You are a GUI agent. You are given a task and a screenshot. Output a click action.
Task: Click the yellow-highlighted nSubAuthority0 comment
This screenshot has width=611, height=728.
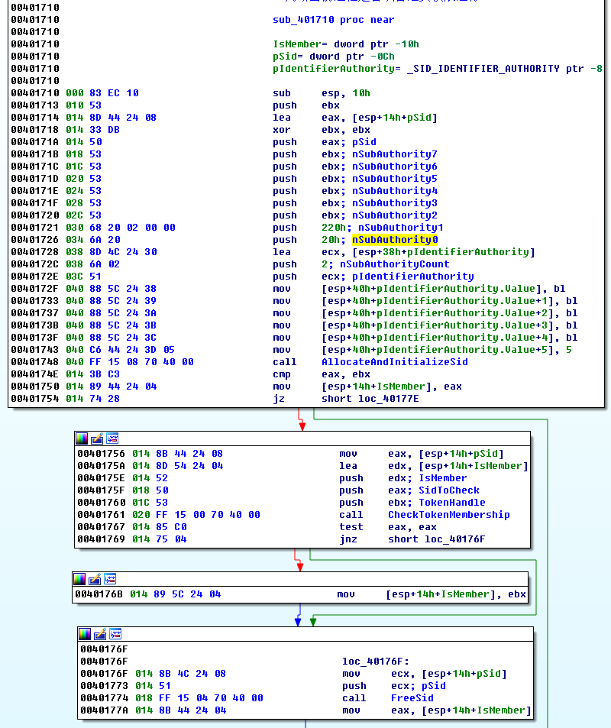tap(395, 240)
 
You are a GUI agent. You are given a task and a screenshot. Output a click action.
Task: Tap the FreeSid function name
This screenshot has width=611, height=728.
tap(412, 698)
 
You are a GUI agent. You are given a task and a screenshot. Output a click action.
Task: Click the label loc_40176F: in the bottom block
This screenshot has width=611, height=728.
tap(376, 662)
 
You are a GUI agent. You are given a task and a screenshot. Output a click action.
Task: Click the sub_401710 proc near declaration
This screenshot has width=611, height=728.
tap(334, 20)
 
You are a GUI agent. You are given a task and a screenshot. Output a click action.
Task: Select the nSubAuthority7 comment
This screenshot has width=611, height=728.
tap(395, 154)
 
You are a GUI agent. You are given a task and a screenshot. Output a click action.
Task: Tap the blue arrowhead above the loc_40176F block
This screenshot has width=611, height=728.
tap(298, 622)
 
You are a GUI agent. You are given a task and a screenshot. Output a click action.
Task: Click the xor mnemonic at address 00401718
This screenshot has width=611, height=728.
tap(281, 130)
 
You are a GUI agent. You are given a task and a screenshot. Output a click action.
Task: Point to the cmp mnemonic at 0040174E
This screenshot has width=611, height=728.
tap(281, 374)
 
